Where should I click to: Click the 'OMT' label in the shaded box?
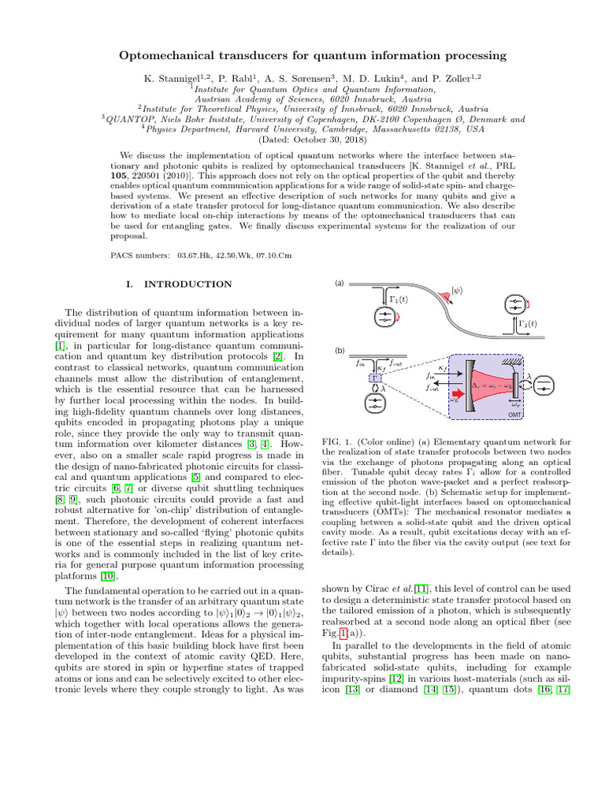click(x=514, y=415)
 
